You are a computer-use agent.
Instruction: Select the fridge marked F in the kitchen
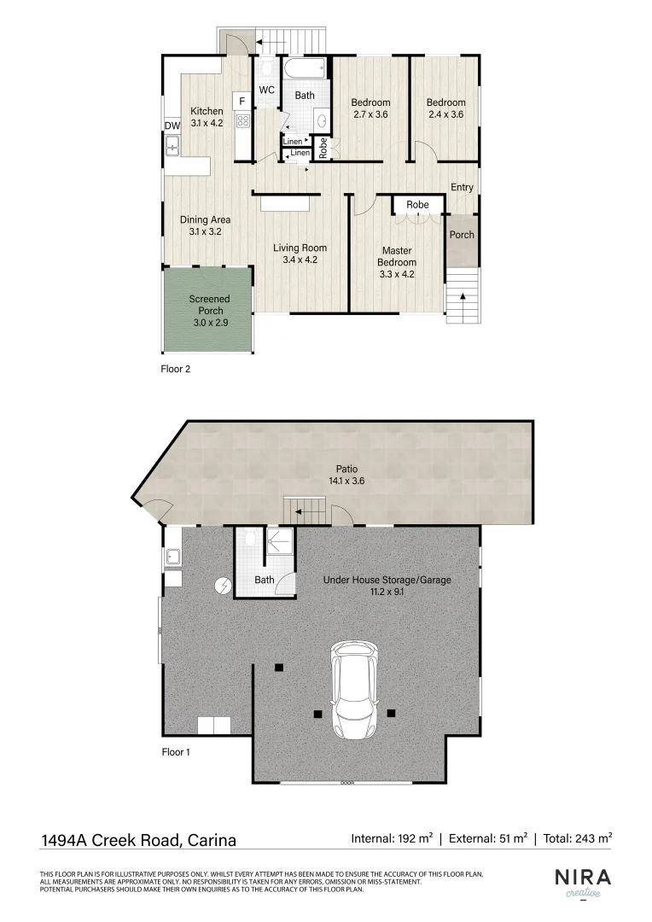coord(242,101)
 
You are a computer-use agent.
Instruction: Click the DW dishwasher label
coord(171,126)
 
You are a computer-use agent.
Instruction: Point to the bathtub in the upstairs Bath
coord(304,67)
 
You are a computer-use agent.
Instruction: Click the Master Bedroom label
coord(397,256)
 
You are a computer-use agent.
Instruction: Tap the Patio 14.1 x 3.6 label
coord(346,475)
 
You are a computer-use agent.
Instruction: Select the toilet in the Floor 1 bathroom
coord(249,540)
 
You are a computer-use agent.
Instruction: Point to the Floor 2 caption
coord(176,370)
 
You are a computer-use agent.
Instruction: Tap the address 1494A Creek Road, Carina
coord(138,839)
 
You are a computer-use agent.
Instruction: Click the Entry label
coord(462,188)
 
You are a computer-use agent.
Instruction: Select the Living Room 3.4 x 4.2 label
coord(300,254)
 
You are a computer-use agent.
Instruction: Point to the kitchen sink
coord(172,147)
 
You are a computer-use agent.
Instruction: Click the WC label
coord(266,90)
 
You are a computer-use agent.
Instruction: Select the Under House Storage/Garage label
coord(387,586)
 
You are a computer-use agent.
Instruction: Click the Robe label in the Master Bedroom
coord(417,205)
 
